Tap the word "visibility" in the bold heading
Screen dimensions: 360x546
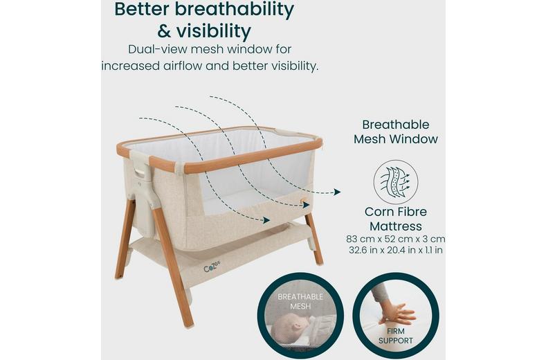(x=212, y=31)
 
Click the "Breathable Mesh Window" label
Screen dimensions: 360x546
(x=396, y=132)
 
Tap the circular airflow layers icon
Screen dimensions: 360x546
(x=395, y=181)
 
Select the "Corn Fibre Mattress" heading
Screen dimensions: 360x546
(x=396, y=219)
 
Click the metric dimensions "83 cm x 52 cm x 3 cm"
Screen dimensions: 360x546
(x=396, y=238)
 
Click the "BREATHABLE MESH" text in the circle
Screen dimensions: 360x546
(x=300, y=301)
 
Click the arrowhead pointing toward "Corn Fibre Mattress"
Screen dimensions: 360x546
(x=337, y=192)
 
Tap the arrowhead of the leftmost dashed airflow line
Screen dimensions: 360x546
(x=266, y=221)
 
